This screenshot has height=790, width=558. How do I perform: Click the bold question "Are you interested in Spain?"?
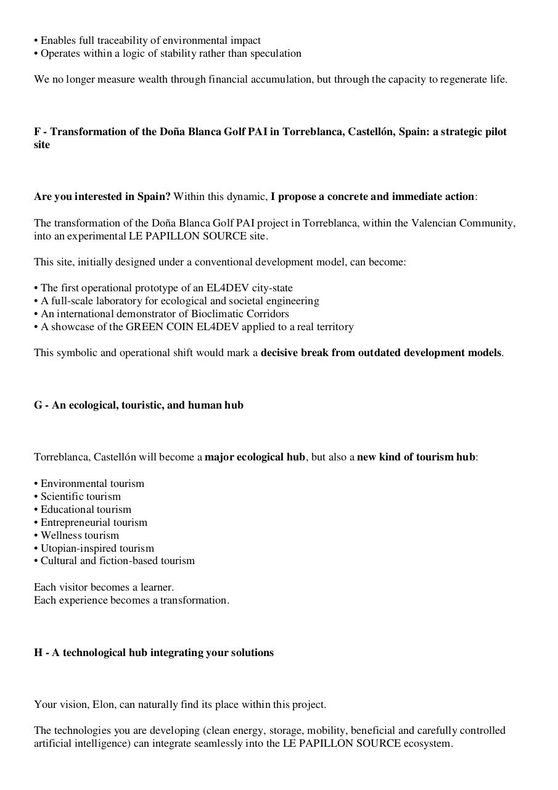tap(102, 196)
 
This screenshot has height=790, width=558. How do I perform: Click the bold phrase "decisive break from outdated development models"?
tap(381, 352)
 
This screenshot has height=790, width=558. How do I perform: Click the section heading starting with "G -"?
tap(139, 405)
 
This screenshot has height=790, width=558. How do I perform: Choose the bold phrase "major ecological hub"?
tap(255, 457)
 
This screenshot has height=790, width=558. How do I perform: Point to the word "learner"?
tap(157, 587)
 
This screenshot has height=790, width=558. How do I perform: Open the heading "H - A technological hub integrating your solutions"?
tap(154, 652)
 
